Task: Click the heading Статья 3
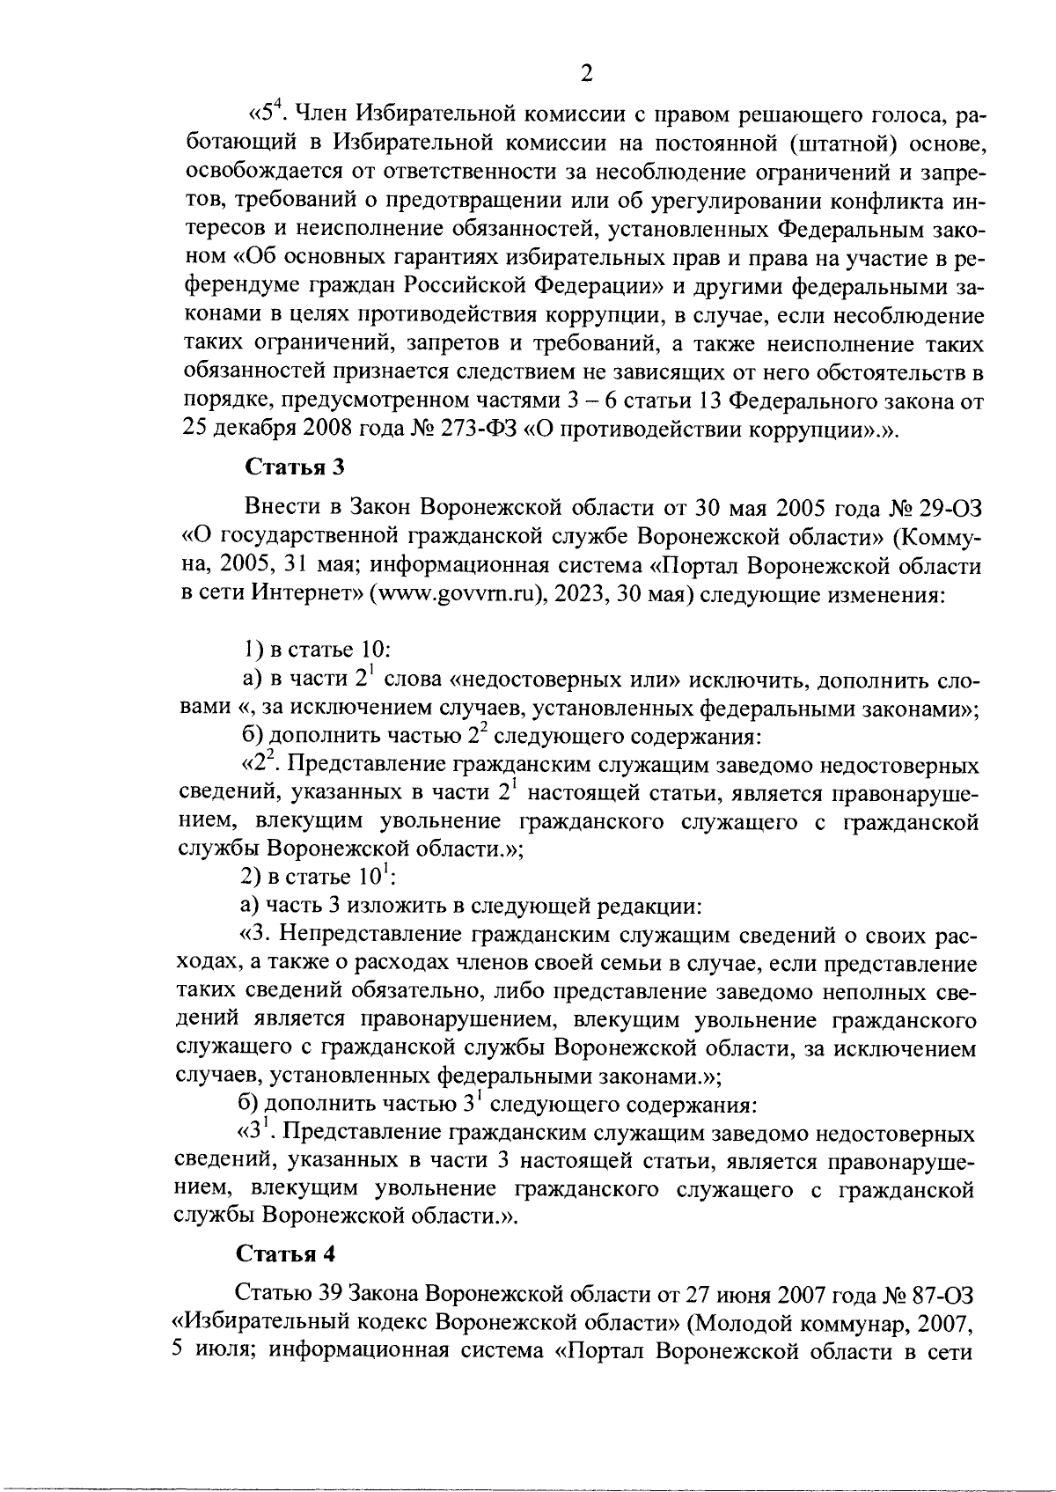(x=292, y=467)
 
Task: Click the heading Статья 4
(x=286, y=1252)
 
